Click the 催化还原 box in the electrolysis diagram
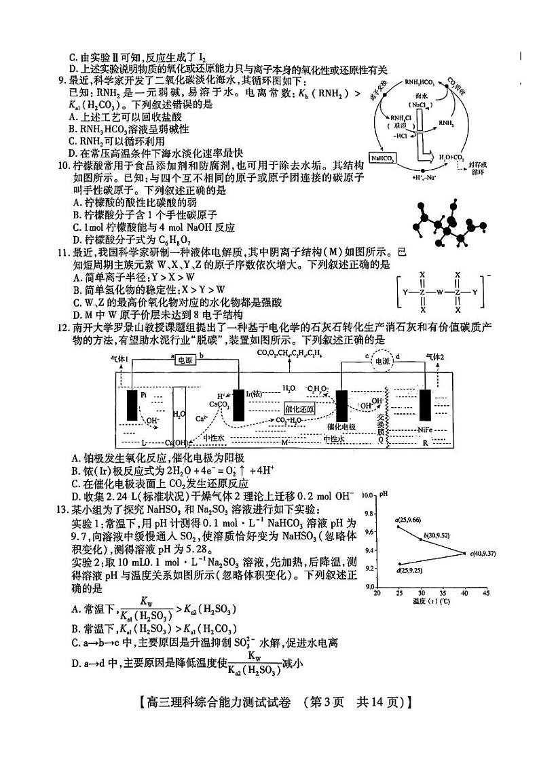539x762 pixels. click(299, 409)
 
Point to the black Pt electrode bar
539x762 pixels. click(132, 403)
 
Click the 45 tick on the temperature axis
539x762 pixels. click(486, 592)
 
